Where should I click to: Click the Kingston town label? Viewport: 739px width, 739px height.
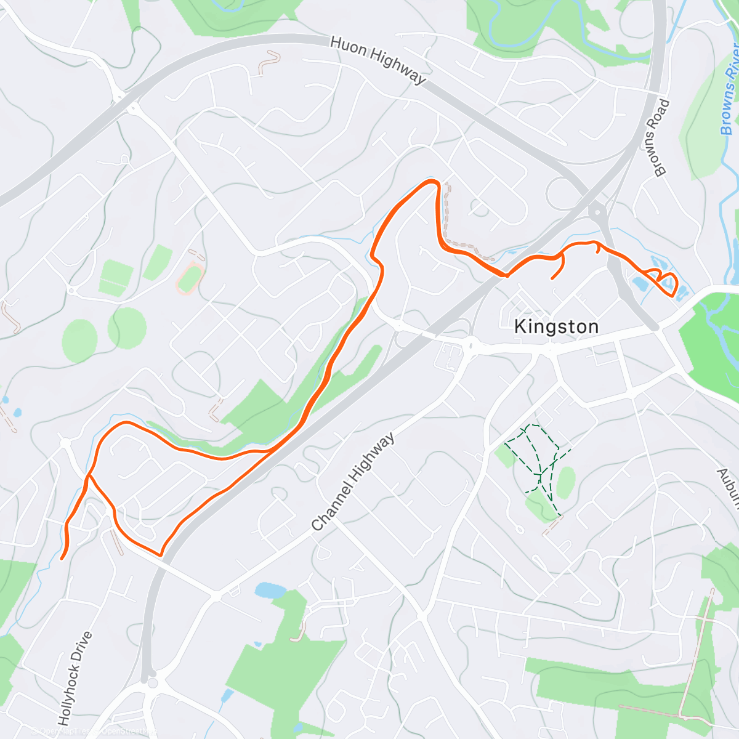(x=556, y=326)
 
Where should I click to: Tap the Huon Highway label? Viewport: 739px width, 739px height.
(x=378, y=60)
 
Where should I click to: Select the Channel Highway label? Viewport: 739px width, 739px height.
(x=353, y=483)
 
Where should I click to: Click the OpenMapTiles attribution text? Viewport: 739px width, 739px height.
(x=64, y=731)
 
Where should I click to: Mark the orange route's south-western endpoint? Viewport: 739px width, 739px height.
(x=62, y=559)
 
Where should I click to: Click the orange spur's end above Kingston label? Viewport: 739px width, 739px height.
(x=552, y=278)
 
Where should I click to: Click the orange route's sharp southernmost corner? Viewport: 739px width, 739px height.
(x=161, y=554)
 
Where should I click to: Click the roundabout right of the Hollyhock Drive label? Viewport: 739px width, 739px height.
(x=152, y=682)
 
